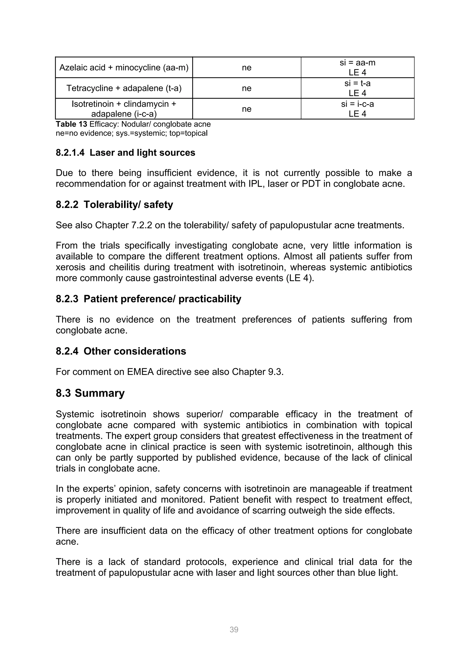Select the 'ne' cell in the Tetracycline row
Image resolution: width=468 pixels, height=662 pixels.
click(x=247, y=88)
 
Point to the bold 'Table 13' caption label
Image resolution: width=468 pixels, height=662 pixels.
click(x=71, y=124)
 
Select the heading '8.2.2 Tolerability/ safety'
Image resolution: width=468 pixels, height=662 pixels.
click(x=114, y=205)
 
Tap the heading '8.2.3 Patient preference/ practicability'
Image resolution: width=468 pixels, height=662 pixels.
click(x=149, y=299)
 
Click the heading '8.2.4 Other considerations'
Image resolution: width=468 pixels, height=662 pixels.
click(x=121, y=351)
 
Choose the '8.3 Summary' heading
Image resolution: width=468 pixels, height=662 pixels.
click(x=90, y=393)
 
